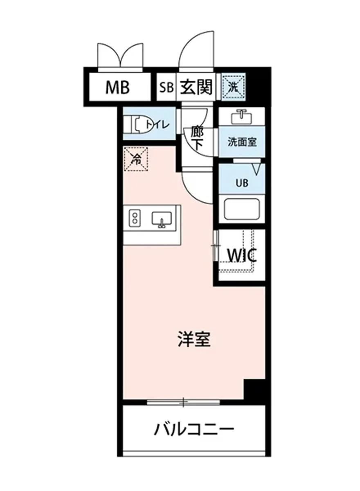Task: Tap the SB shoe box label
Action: (x=166, y=87)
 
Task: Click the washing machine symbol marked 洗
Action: (x=234, y=86)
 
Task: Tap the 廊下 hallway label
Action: (x=197, y=138)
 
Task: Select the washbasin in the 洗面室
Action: (x=241, y=117)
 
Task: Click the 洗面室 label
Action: (x=242, y=142)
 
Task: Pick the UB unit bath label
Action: (x=241, y=183)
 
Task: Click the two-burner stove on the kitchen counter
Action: (x=134, y=217)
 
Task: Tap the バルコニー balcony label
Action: (x=194, y=429)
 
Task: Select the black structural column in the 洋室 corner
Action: (x=254, y=391)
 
